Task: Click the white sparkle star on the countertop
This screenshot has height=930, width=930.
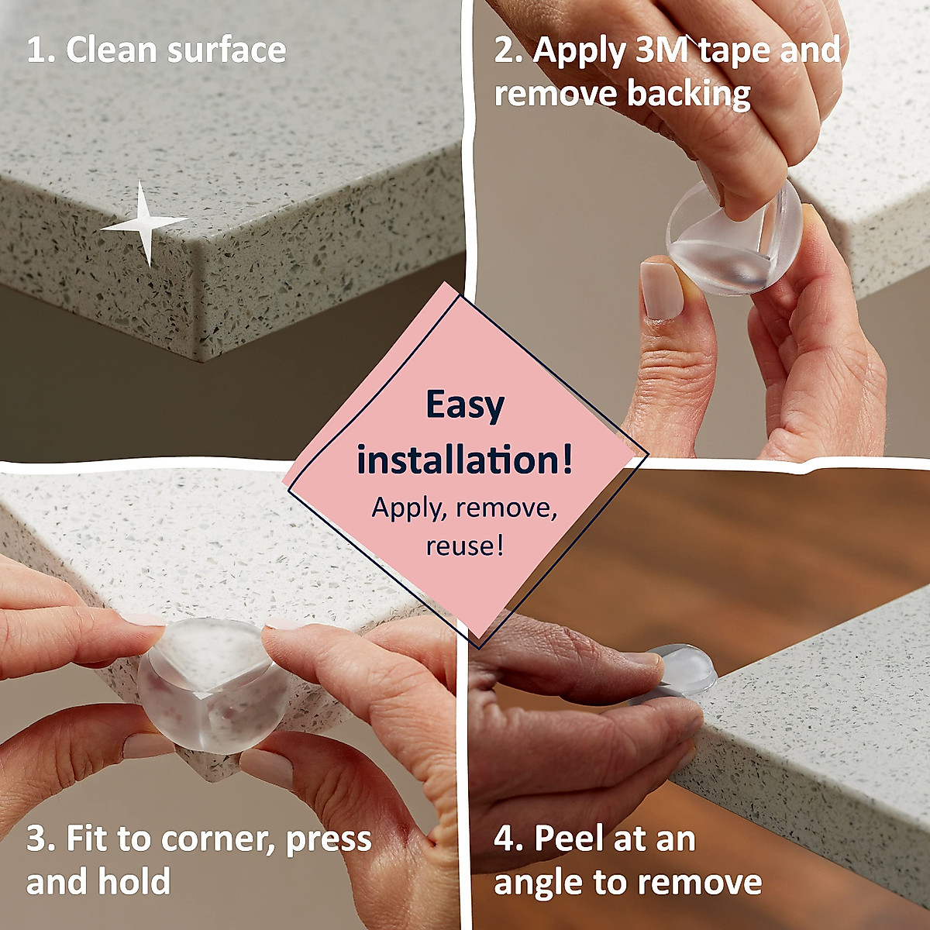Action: (145, 224)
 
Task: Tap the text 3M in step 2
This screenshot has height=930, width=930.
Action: (663, 50)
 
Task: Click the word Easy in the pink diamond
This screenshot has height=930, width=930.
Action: (465, 405)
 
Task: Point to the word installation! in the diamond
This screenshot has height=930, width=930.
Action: (465, 460)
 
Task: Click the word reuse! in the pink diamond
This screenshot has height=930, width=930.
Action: (465, 546)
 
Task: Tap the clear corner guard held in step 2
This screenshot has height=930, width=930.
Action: (732, 240)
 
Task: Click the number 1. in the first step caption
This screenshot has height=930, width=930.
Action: (40, 50)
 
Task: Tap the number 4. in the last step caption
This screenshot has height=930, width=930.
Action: (508, 839)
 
